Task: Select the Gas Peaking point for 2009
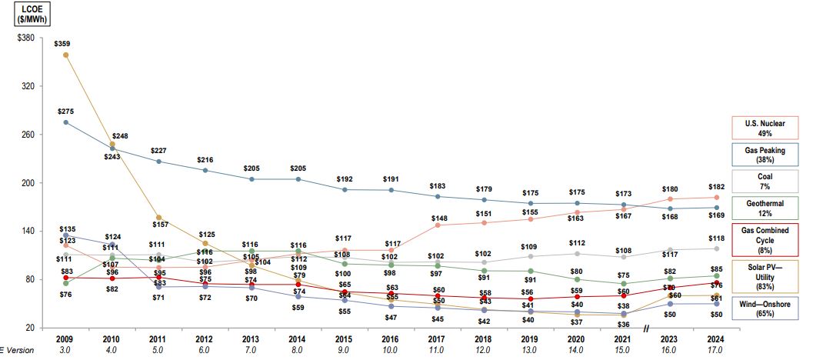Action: click(65, 122)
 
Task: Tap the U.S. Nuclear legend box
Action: click(764, 128)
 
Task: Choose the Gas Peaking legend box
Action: click(764, 155)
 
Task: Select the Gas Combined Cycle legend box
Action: click(764, 239)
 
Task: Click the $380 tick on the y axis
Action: click(25, 38)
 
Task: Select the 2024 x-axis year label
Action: click(716, 338)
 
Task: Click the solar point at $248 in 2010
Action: click(112, 145)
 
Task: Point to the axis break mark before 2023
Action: click(647, 328)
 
